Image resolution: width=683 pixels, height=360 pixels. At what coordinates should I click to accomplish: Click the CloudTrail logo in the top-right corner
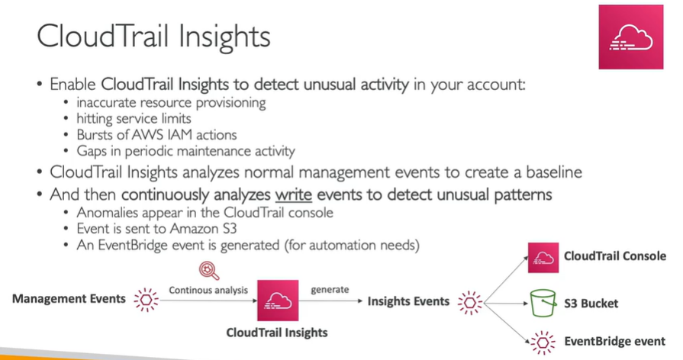(630, 37)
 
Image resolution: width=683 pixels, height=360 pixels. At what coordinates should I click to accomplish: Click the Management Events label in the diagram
(69, 299)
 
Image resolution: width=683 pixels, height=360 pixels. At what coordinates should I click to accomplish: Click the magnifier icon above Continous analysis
(207, 271)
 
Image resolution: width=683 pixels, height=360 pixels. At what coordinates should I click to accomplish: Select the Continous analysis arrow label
(207, 290)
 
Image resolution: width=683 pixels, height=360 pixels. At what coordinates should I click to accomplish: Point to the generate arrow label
(330, 290)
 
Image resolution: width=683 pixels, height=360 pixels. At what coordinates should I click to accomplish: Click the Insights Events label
(408, 301)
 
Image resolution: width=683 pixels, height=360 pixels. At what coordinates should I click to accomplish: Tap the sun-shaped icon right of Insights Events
(470, 301)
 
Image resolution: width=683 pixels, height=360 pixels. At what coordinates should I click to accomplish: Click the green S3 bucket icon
(544, 303)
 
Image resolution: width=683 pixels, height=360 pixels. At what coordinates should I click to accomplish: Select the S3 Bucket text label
(591, 303)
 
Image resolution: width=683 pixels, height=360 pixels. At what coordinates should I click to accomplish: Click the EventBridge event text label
(615, 341)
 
